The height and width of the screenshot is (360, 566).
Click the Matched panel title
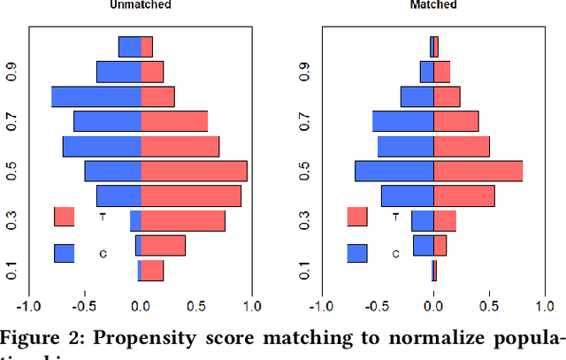coord(433,5)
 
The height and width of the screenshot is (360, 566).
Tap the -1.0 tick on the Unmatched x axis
coord(30,307)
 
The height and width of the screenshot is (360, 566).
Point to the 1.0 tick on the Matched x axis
coord(544,307)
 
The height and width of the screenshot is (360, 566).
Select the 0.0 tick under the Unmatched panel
coord(141,307)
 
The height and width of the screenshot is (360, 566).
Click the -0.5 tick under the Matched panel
coord(379,307)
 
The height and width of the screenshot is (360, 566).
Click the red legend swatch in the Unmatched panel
coord(64,217)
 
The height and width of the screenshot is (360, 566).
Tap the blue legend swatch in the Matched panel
coord(357,254)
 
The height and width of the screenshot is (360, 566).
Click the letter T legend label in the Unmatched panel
coord(103,217)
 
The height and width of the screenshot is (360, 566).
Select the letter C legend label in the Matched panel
coord(395,254)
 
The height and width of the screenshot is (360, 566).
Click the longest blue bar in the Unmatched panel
coord(96,96)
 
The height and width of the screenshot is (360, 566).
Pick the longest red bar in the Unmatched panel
coord(194,171)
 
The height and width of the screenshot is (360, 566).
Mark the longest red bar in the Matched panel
coord(478,171)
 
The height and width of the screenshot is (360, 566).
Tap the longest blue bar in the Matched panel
coord(394,171)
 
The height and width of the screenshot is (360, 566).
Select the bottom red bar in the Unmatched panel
coord(152,271)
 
